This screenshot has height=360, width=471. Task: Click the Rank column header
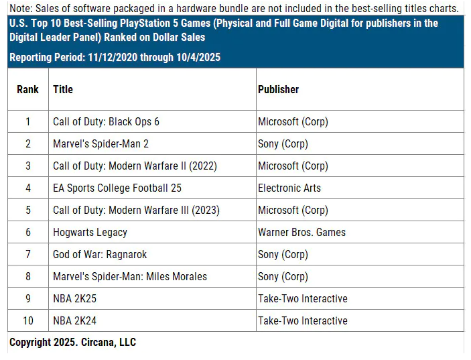[28, 89]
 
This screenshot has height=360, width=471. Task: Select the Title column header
[63, 89]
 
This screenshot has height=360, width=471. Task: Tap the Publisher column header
[278, 89]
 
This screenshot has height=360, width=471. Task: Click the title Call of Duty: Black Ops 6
[106, 122]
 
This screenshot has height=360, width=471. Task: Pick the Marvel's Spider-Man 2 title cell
[101, 144]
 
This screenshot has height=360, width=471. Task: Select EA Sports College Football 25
[117, 188]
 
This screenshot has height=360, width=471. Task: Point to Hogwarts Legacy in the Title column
[90, 233]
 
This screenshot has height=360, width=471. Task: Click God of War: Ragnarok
[100, 255]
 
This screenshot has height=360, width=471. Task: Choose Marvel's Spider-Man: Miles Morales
[130, 277]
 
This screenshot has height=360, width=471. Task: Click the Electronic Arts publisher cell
[289, 188]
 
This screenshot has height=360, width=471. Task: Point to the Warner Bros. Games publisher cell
[301, 233]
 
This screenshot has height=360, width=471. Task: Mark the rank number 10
[28, 321]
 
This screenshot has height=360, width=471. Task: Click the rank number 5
[28, 211]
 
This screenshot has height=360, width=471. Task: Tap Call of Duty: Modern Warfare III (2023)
[136, 211]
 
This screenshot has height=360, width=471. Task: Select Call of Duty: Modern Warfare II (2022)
[135, 166]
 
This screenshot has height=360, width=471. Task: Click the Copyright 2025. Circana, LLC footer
[72, 343]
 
